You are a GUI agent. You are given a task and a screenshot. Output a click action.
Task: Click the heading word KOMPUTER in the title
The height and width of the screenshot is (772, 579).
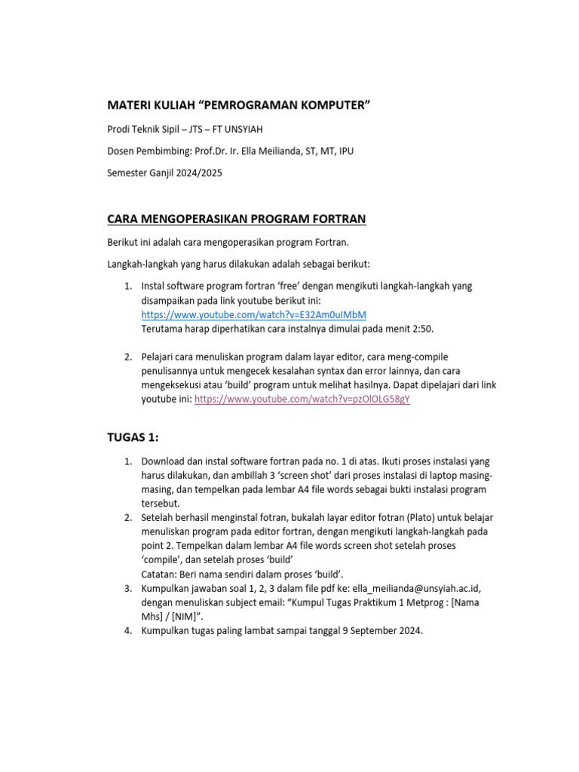pyautogui.click(x=329, y=103)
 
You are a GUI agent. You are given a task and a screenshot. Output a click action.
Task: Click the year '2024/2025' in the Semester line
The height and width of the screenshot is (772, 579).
pyautogui.click(x=198, y=173)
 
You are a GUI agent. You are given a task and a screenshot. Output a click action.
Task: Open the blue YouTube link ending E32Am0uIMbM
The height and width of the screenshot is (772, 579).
pyautogui.click(x=254, y=314)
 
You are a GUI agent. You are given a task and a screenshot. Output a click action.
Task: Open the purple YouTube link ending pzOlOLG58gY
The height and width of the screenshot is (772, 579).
pyautogui.click(x=302, y=400)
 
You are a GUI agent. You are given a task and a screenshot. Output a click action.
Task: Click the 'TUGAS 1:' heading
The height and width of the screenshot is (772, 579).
pyautogui.click(x=133, y=437)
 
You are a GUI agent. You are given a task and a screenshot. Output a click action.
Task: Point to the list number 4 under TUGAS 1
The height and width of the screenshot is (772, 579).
pyautogui.click(x=128, y=632)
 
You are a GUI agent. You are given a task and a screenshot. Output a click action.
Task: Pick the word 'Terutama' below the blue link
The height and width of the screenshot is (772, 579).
pyautogui.click(x=162, y=329)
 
